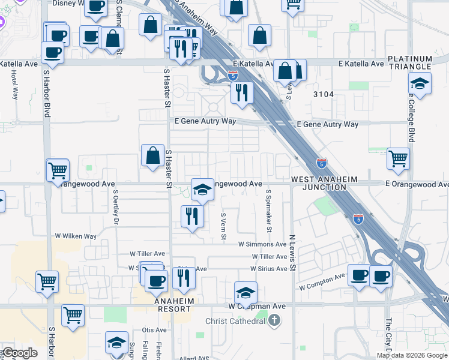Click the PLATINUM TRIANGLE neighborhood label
(409, 62)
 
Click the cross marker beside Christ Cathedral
(275, 320)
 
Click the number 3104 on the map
(322, 94)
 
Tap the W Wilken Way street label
(76, 236)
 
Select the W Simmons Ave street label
(262, 244)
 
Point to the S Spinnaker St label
(269, 211)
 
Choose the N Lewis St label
(292, 252)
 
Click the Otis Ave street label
(154, 330)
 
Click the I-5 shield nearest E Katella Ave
(233, 76)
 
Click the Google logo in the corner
(20, 353)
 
